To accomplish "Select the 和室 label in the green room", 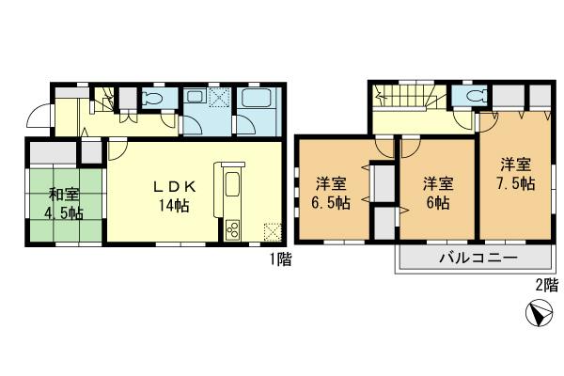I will point(64,196).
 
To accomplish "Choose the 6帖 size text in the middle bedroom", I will point(432,203).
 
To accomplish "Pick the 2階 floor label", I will point(546,284).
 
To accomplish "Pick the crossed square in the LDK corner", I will point(272,231).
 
